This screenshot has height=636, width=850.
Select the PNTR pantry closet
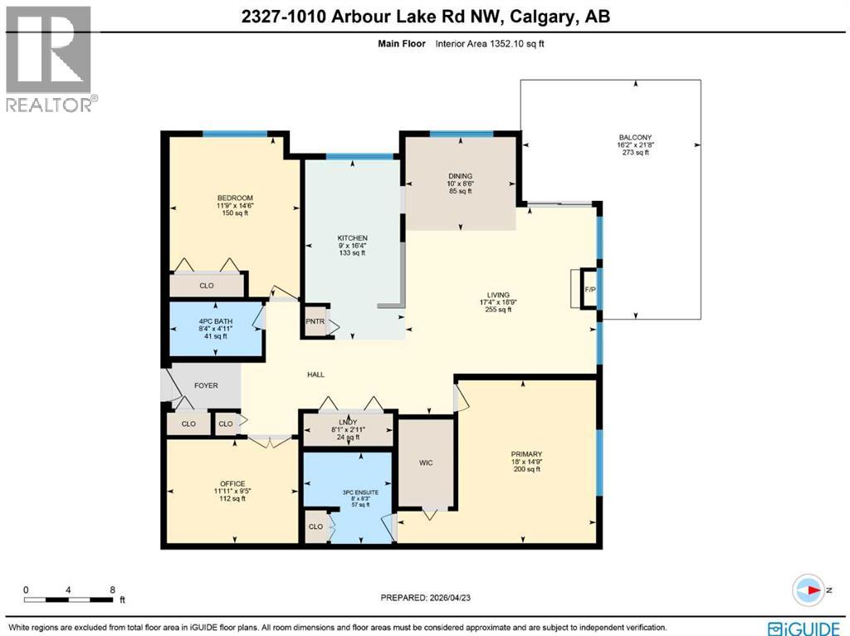315,322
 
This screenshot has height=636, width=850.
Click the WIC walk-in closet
426,462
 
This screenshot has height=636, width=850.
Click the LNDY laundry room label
347,423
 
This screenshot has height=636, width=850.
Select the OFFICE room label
232,483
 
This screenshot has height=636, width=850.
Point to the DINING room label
460,176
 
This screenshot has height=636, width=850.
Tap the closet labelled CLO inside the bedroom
207,286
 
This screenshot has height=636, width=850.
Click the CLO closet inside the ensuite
315,526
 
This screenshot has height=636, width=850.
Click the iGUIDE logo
796,627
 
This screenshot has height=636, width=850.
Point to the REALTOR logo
50,58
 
